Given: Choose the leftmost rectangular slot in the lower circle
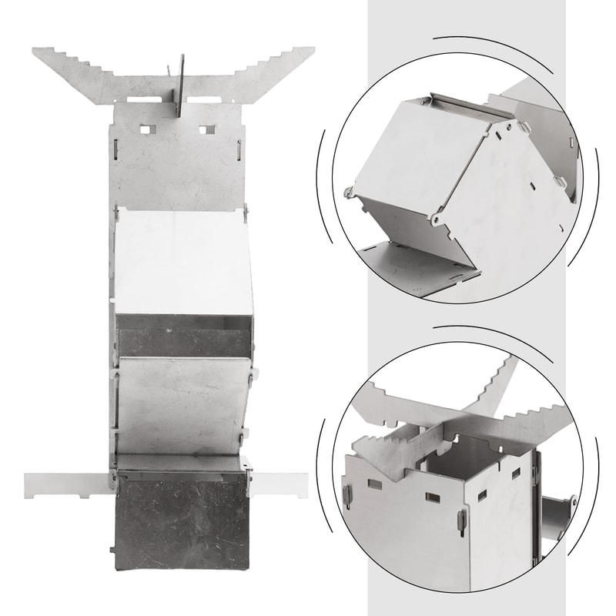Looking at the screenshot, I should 375,484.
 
